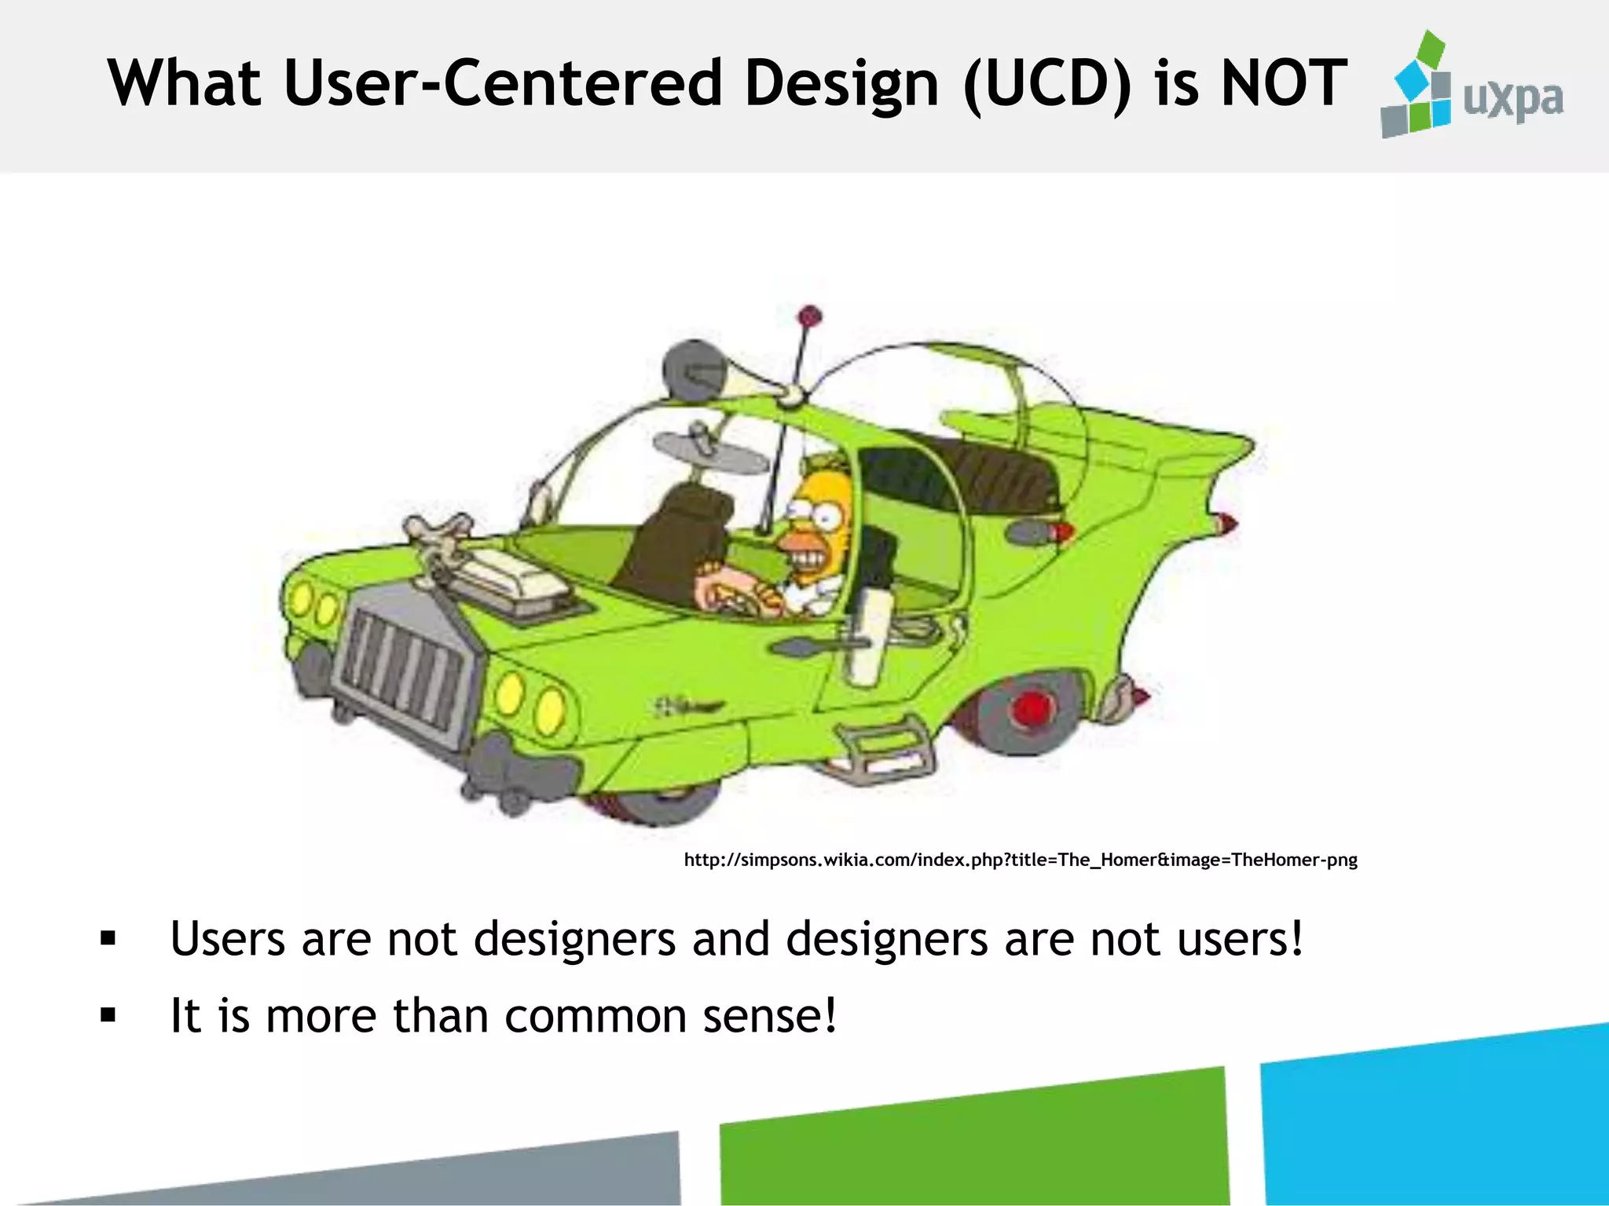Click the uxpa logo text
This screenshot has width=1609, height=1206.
1513,100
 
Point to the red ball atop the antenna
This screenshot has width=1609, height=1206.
810,316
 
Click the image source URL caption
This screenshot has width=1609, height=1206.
1020,860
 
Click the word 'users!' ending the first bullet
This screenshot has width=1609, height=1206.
1241,939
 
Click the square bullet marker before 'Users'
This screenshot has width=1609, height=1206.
108,939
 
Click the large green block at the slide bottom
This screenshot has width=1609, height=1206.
974,1142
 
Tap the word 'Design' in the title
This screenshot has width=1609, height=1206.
841,85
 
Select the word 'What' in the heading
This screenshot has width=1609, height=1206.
185,83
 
